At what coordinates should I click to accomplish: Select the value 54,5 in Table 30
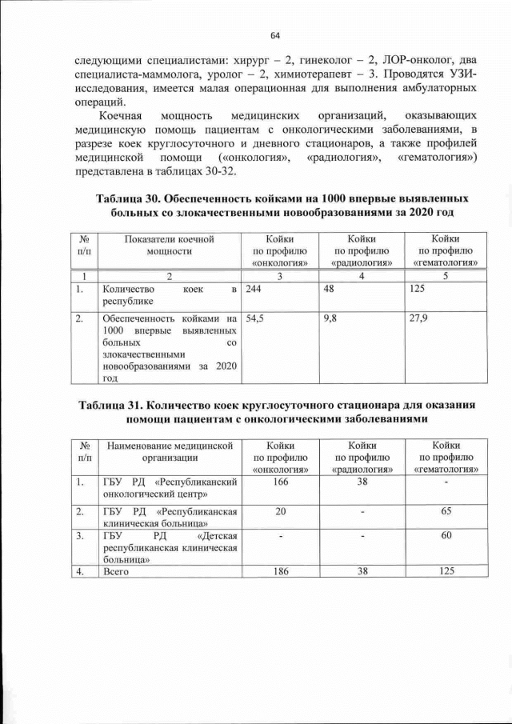coord(254,318)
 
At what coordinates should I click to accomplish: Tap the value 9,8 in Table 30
coord(330,318)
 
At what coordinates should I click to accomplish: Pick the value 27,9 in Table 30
coord(418,318)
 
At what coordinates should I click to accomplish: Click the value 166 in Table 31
coord(280,482)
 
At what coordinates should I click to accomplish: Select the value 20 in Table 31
coord(280,510)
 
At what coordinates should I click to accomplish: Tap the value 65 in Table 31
coord(445,510)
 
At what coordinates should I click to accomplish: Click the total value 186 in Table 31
coord(280,570)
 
